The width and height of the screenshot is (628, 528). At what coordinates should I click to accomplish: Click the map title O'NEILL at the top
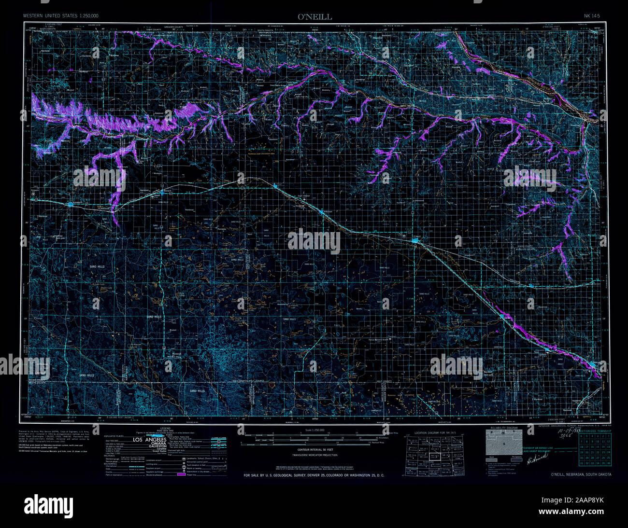point(314,17)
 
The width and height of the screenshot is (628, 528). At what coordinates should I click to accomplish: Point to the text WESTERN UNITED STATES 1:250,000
point(61,16)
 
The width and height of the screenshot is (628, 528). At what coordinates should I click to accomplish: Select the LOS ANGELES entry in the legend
point(147,440)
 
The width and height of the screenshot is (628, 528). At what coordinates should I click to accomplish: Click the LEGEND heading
point(166,428)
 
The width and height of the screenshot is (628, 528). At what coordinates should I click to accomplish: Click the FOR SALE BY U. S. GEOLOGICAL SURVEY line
point(314,475)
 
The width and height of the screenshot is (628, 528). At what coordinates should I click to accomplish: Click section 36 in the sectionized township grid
point(608,463)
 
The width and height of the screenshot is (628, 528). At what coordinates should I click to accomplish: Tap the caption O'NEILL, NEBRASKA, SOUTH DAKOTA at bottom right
point(581,474)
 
